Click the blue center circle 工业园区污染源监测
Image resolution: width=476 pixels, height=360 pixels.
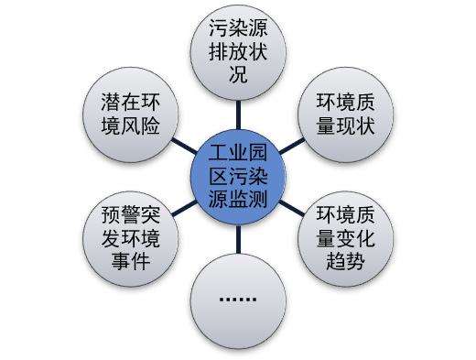point(237,175)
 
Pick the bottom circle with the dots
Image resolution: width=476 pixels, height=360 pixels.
point(238,300)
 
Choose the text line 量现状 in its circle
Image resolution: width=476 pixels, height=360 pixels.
point(341,125)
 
